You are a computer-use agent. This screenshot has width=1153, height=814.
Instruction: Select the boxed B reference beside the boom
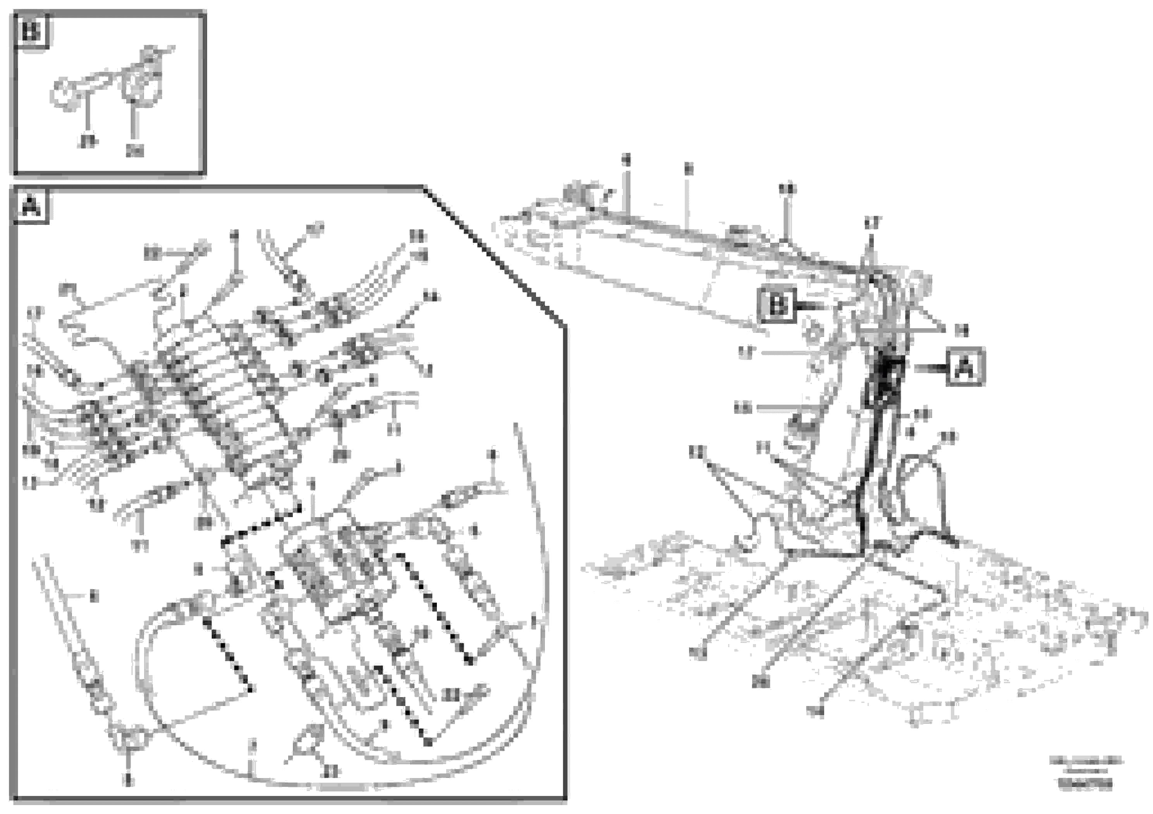coord(777,305)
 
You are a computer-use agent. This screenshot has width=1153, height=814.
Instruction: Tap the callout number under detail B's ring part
coord(88,142)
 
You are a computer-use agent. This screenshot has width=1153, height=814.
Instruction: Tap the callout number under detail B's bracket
coord(134,151)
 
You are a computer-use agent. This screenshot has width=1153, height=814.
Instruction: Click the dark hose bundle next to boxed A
coord(887,381)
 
